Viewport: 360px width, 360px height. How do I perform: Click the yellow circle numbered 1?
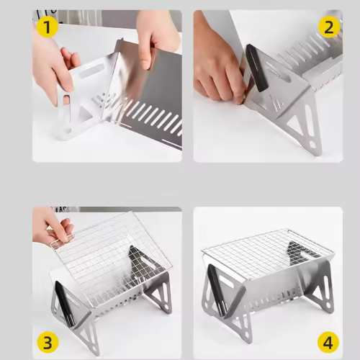tap(47, 27)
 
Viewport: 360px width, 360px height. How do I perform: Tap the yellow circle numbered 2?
tap(329, 27)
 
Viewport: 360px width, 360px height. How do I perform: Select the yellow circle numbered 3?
tap(48, 342)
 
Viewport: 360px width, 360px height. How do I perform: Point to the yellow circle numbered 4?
tap(328, 342)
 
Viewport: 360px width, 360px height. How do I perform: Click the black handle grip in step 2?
tap(257, 68)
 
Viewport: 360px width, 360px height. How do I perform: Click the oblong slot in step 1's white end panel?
tap(91, 71)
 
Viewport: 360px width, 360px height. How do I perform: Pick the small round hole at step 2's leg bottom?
tap(312, 145)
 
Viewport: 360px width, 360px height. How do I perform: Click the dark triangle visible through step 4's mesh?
tap(300, 254)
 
